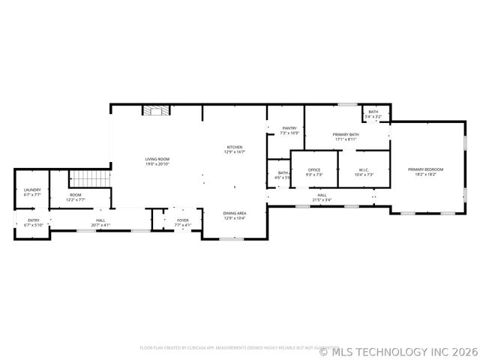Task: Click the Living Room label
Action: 157,159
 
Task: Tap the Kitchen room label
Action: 235,147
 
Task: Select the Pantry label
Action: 289,128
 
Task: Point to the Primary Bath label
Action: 346,134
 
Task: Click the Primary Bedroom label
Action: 425,169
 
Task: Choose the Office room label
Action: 314,169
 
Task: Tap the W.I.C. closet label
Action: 362,169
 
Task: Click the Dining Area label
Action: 235,213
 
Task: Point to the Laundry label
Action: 32,190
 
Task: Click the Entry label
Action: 34,220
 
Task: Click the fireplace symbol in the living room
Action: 157,111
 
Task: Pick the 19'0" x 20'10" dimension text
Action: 157,163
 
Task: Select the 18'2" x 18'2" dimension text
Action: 425,174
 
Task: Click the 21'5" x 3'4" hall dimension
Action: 321,200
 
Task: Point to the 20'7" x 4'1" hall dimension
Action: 100,224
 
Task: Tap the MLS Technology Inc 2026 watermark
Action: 398,350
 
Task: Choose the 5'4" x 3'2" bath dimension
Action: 373,116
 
